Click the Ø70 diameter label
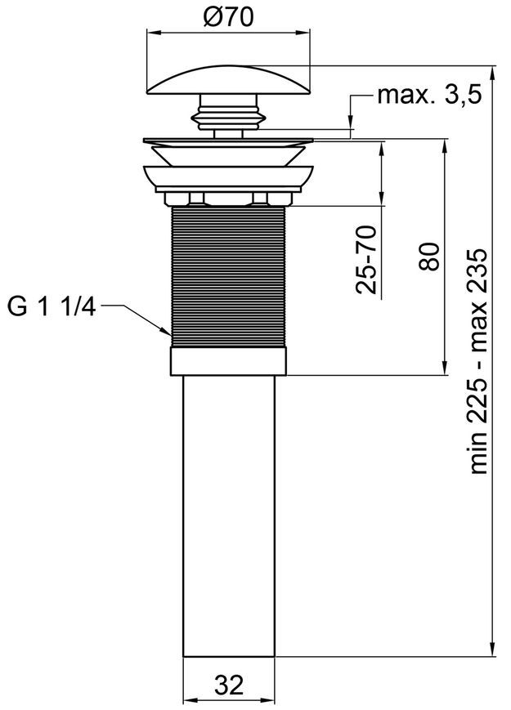[229, 17]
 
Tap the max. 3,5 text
[429, 96]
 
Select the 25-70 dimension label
[367, 260]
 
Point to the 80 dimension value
[429, 257]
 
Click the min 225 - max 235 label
[478, 361]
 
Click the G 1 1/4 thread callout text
[52, 307]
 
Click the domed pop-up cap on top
[228, 81]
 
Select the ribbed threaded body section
[228, 277]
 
